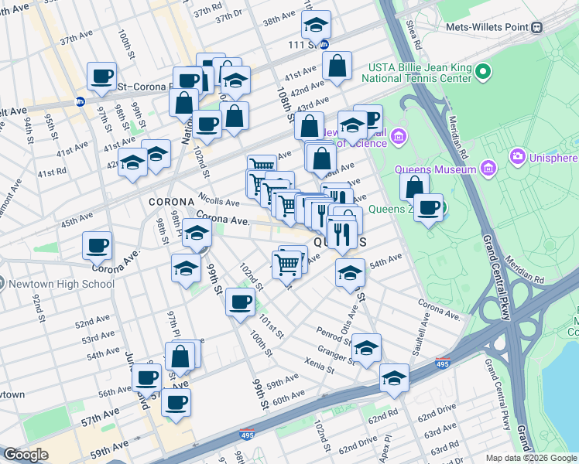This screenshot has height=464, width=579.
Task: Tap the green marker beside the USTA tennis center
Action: coord(484,73)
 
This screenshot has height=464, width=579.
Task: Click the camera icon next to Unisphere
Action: coord(516,157)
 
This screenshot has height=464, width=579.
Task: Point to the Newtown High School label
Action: coord(61,284)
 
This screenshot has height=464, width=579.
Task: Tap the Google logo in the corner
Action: coord(26,455)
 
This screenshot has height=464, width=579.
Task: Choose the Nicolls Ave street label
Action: coord(216,198)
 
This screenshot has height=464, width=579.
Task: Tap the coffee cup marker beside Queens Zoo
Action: coord(428,207)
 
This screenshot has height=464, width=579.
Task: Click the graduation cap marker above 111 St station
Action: coord(316,25)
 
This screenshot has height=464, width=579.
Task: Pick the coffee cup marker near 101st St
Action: coord(240,301)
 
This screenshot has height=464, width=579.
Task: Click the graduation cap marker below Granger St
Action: coord(394,378)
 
